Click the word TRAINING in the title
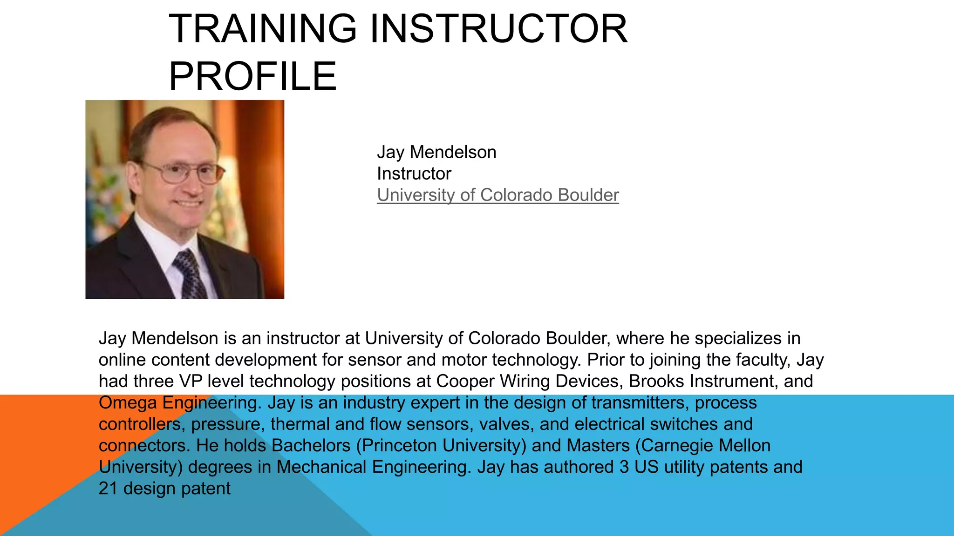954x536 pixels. [262, 29]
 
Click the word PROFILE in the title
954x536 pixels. [252, 76]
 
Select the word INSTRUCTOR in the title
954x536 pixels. [498, 29]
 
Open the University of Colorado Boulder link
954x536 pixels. [497, 195]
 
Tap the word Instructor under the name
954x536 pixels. [414, 174]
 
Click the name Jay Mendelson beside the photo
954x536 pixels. [436, 152]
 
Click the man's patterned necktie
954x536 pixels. [190, 275]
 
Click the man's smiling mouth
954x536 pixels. [189, 204]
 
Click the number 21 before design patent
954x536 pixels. [108, 489]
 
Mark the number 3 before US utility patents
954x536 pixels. [624, 467]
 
